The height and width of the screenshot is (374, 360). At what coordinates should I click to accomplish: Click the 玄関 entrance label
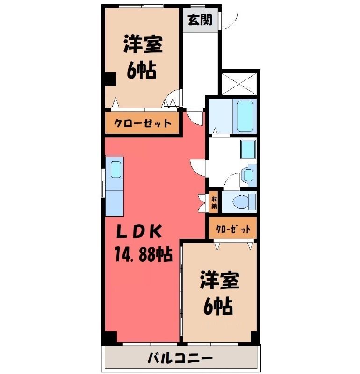(x=200, y=20)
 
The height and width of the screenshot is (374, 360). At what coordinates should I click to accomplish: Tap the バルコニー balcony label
(x=180, y=358)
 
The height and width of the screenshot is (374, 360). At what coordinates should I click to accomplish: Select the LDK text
(x=138, y=231)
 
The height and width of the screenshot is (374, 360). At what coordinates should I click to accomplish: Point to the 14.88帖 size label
(x=144, y=254)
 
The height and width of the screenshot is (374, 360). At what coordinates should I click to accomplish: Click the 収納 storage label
(x=214, y=202)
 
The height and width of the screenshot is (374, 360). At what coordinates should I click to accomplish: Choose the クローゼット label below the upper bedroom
(x=143, y=123)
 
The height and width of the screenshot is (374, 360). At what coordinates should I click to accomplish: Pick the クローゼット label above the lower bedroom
(x=233, y=229)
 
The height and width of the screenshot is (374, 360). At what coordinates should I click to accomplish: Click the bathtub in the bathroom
(x=245, y=116)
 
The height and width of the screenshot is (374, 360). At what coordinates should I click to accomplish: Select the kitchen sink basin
(x=116, y=169)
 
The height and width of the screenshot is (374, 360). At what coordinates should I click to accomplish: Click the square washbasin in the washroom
(x=248, y=150)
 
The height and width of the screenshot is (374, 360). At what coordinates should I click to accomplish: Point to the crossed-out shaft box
(x=239, y=84)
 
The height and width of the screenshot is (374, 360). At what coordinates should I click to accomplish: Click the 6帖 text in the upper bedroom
(x=142, y=71)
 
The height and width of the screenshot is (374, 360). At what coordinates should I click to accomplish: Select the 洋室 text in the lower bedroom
(x=219, y=280)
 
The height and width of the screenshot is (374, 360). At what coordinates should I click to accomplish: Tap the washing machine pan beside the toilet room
(x=248, y=176)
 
